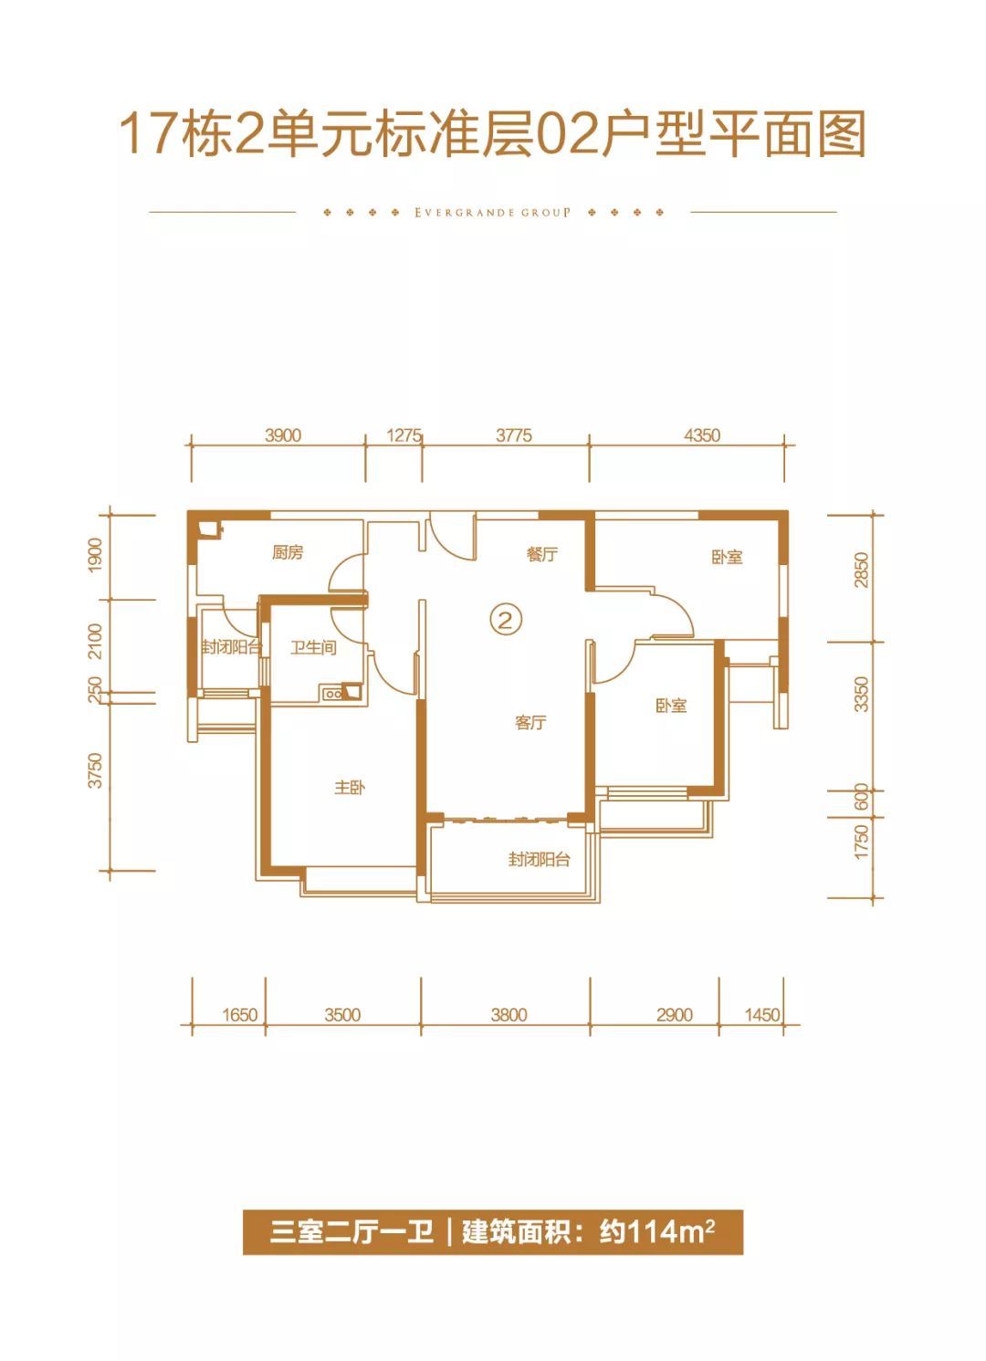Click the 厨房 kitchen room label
click(288, 553)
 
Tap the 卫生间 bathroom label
click(313, 648)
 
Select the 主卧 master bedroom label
click(350, 788)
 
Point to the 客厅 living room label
click(530, 722)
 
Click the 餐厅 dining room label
click(542, 554)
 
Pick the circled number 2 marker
click(506, 621)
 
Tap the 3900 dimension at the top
click(283, 435)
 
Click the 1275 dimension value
click(404, 435)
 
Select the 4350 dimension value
click(702, 435)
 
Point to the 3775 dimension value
click(514, 435)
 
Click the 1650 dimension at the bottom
click(240, 1015)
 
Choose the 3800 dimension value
click(509, 1015)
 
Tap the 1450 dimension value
click(761, 1015)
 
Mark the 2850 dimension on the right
click(862, 570)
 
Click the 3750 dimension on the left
click(96, 771)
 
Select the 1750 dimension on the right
click(862, 842)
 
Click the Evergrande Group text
click(493, 213)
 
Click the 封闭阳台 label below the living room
click(540, 860)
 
